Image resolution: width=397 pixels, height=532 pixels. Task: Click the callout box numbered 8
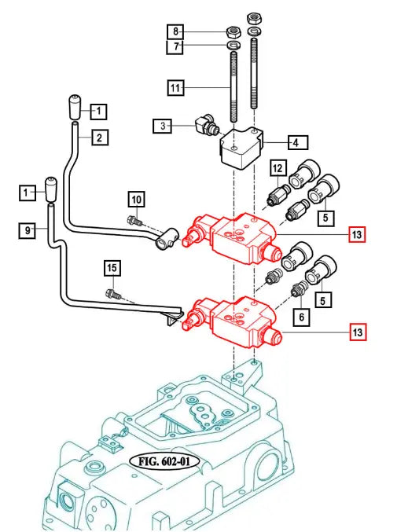pos(175,31)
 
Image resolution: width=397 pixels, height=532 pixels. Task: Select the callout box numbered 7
pos(175,46)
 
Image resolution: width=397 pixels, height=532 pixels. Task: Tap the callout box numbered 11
pos(176,88)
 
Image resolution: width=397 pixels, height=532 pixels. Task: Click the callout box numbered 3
pos(162,126)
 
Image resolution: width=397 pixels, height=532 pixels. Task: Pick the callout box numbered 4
pos(298,142)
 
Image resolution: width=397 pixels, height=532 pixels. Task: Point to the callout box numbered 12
pos(278,168)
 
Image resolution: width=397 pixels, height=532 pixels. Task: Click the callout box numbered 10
pos(137,199)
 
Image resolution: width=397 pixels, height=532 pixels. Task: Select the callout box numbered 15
pos(112,268)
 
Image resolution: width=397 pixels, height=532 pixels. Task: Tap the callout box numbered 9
pos(28,231)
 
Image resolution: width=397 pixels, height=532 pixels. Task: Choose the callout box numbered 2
pos(100,138)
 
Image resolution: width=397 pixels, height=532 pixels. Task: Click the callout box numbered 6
pos(301,317)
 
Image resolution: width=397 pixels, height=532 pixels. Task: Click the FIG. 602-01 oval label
pos(164,461)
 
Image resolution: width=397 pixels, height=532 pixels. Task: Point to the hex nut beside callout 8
pos(234,32)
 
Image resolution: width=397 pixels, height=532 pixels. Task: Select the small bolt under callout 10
pos(134,221)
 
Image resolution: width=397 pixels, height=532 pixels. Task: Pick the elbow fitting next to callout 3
pos(207,125)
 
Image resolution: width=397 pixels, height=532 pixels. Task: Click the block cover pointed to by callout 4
pos(242,149)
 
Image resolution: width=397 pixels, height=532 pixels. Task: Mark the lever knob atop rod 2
pos(75,107)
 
